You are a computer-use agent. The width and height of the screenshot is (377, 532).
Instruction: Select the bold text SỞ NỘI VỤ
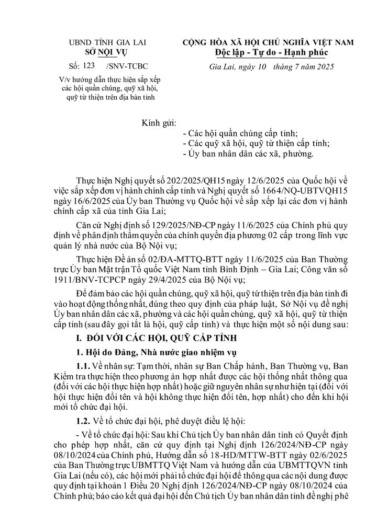[102, 52]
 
